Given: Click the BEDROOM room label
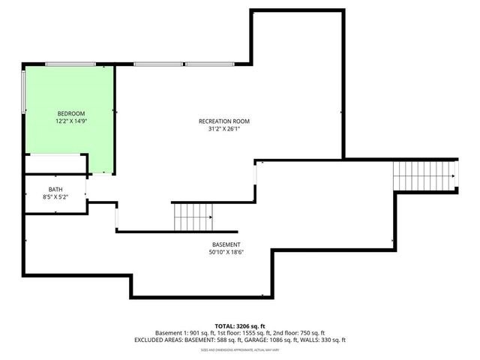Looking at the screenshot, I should pyautogui.click(x=71, y=113).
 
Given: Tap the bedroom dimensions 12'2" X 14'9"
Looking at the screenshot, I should pyautogui.click(x=71, y=121).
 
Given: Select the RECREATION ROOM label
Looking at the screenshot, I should pyautogui.click(x=223, y=121).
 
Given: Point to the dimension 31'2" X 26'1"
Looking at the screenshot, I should pyautogui.click(x=223, y=129).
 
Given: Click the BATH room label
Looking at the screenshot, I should pyautogui.click(x=55, y=189).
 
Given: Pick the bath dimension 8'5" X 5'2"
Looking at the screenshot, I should pyautogui.click(x=55, y=196).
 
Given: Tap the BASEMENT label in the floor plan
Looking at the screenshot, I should pyautogui.click(x=226, y=244).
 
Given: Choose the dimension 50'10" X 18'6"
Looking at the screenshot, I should pyautogui.click(x=226, y=252).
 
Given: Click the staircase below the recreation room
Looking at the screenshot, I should pyautogui.click(x=193, y=217).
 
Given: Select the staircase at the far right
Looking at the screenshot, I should pyautogui.click(x=424, y=175).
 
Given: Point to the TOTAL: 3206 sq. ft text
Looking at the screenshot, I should pyautogui.click(x=239, y=326).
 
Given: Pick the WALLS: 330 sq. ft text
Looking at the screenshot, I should pyautogui.click(x=323, y=340).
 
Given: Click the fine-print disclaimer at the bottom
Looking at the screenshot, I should pyautogui.click(x=239, y=349).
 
